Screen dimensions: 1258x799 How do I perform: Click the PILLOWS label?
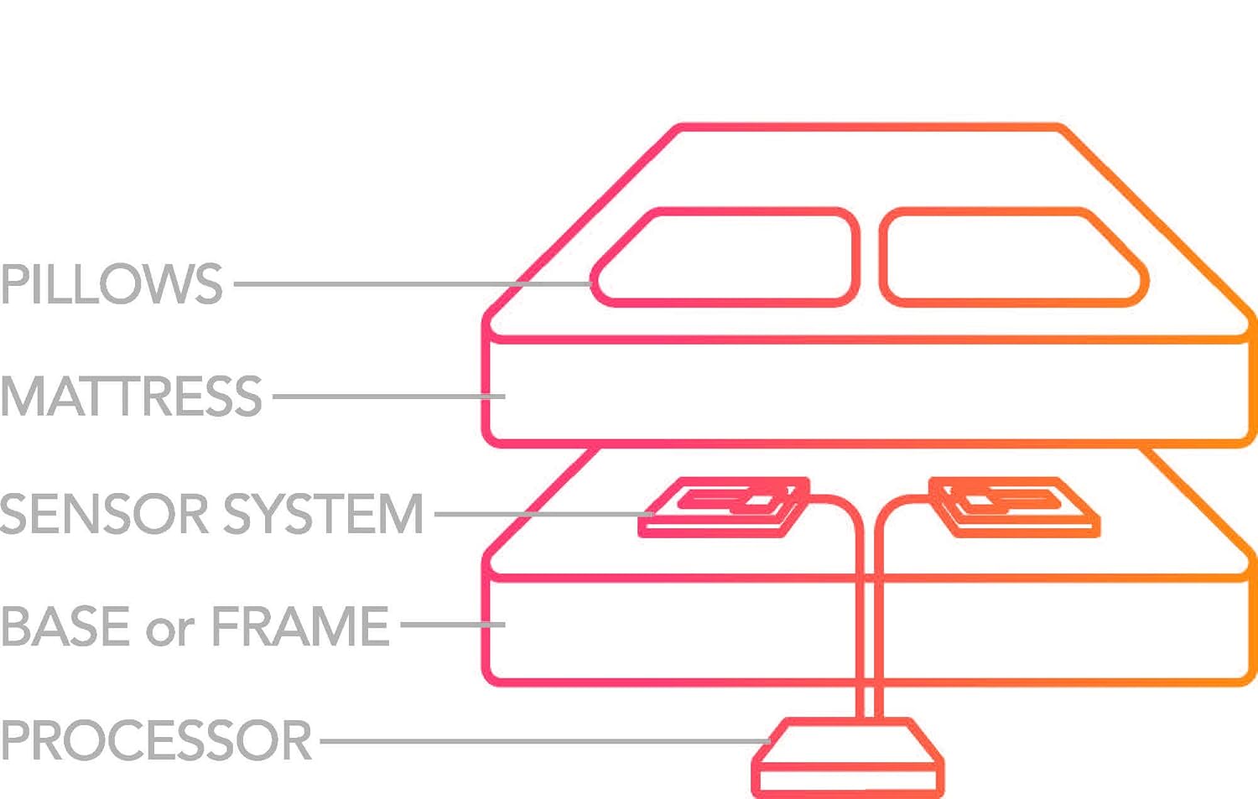tap(112, 283)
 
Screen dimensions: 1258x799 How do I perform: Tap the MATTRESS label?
tap(131, 396)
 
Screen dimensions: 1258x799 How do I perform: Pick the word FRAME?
tap(299, 625)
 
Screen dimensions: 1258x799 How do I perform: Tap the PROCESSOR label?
tap(156, 739)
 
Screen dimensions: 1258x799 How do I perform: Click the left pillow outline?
tap(726, 257)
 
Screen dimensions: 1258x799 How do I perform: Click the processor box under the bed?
tap(847, 759)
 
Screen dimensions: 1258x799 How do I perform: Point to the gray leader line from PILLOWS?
tap(411, 284)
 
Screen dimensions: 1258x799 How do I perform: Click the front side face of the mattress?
tap(868, 391)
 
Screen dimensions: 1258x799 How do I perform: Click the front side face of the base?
tap(671, 629)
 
